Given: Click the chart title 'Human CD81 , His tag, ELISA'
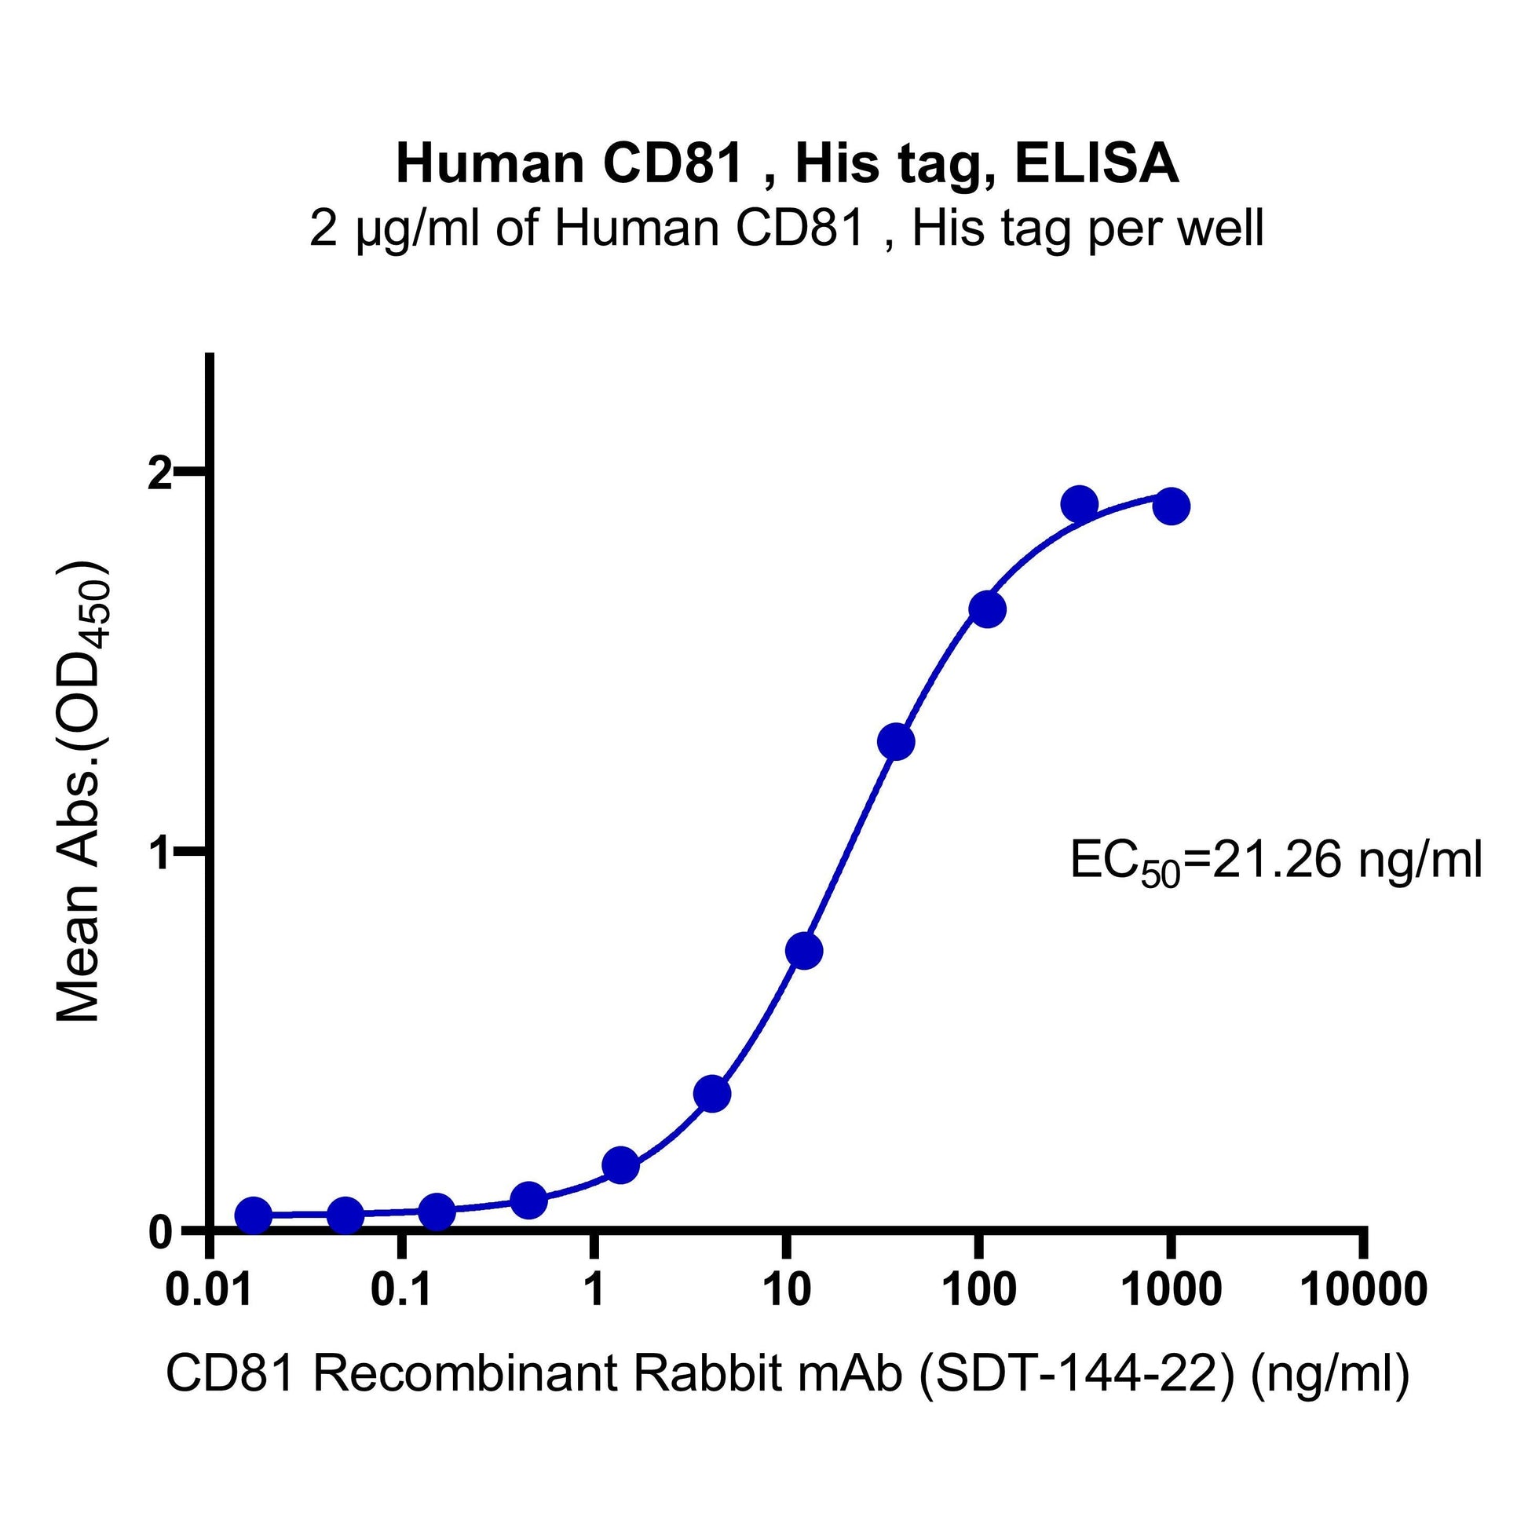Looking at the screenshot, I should pos(787,165).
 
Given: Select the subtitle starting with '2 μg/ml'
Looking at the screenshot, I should pos(787,229).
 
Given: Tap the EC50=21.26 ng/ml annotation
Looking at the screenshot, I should pos(1275,863).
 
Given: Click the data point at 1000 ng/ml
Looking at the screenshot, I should pos(1172,506).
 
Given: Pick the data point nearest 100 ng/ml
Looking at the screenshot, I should pos(987,609).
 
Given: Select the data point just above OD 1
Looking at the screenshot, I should pos(896,742).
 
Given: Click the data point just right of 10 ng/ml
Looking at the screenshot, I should pos(804,951).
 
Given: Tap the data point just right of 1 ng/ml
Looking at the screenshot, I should pos(621,1165).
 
